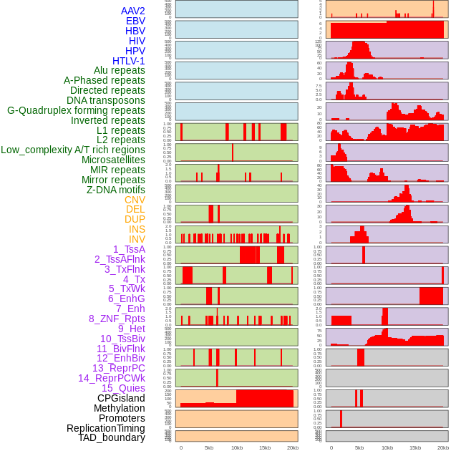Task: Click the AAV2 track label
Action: pos(133,11)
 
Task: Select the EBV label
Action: pos(135,21)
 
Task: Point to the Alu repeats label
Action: pos(120,70)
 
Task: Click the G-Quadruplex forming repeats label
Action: pos(76,110)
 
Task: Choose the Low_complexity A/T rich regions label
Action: pos(73,150)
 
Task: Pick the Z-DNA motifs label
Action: pos(116,190)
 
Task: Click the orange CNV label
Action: pos(135,200)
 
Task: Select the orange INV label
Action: pos(137,239)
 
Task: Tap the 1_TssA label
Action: pos(129,249)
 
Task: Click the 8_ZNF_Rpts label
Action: pos(117,319)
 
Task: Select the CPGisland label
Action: pos(121,398)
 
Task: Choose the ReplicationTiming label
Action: pos(106,428)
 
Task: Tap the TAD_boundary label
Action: pos(112,437)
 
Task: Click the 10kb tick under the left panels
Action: pos(237,447)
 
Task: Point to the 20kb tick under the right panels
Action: pos(443,447)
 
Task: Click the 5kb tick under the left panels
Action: pos(209,447)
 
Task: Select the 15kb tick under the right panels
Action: pos(415,447)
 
